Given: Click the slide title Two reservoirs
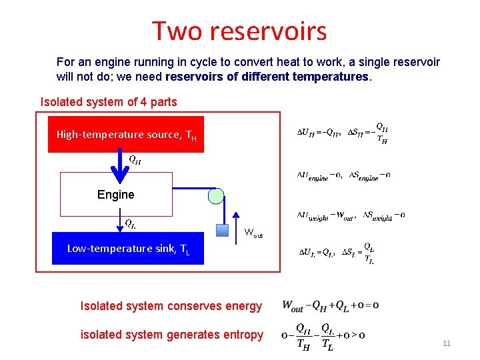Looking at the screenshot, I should click(x=239, y=31).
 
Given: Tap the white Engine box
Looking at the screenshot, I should click(x=115, y=195).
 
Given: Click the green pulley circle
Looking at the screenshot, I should click(x=217, y=196).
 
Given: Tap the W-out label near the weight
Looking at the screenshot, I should click(x=253, y=233).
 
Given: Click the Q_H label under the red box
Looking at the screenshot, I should click(x=135, y=160).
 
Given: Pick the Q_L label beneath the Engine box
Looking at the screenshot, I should click(x=131, y=223).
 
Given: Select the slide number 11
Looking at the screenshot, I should click(x=447, y=343).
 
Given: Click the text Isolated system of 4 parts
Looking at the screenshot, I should click(x=109, y=102).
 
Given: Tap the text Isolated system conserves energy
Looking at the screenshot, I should click(x=171, y=306).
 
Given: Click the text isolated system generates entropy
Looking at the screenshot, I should click(x=171, y=335).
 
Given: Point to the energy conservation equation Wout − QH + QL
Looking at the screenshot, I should click(x=331, y=305).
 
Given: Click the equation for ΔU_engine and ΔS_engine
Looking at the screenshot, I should click(x=343, y=176).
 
